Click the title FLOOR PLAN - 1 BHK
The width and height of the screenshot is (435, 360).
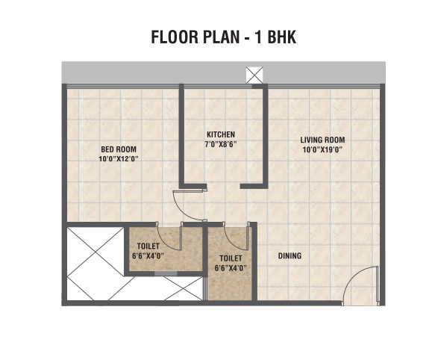click(224, 37)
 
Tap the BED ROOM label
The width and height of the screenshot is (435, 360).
click(119, 149)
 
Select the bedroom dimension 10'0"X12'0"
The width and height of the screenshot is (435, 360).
click(119, 159)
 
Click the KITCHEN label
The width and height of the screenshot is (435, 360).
click(221, 134)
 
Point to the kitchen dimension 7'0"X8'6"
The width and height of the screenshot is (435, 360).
click(221, 144)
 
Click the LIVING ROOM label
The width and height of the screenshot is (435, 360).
click(322, 140)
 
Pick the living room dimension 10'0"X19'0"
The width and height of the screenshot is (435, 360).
click(322, 149)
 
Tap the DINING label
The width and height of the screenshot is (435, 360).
click(290, 256)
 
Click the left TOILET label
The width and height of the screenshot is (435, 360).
click(148, 246)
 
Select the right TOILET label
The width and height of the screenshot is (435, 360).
click(231, 258)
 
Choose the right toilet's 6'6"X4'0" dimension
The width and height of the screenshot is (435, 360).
click(231, 268)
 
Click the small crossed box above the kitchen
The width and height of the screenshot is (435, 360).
click(254, 75)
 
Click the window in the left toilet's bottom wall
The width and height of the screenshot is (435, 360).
click(166, 274)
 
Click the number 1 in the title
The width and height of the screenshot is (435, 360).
click(258, 37)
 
